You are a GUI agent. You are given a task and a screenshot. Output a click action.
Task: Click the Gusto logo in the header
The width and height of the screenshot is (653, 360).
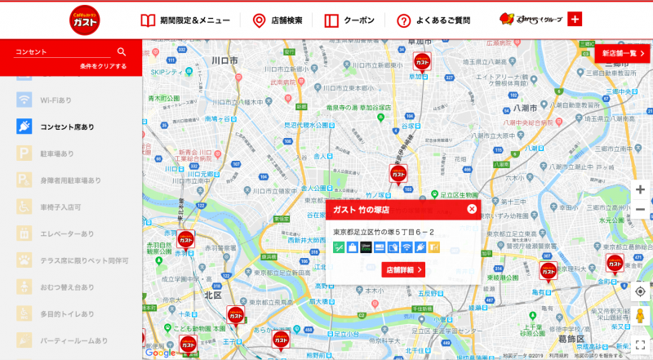pyautogui.click(x=90, y=20)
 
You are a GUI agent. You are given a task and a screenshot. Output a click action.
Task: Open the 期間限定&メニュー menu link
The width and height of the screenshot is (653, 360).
pyautogui.click(x=185, y=20)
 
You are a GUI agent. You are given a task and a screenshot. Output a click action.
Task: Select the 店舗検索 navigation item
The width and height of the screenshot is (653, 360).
pyautogui.click(x=278, y=20)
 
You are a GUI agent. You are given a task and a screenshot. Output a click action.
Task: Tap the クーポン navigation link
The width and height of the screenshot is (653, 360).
pyautogui.click(x=349, y=20)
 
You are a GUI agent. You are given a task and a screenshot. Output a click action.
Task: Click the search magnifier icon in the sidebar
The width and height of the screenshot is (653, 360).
pyautogui.click(x=122, y=51)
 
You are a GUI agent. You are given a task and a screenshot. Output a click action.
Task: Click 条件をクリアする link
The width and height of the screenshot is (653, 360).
pyautogui.click(x=103, y=65)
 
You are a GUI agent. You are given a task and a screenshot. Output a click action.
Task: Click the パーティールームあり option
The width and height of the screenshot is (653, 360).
pyautogui.click(x=73, y=340)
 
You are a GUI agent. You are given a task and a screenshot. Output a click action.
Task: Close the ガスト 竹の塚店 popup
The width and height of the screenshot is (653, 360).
pyautogui.click(x=471, y=209)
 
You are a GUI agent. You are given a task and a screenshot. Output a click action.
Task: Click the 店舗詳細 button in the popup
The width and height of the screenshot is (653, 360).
pyautogui.click(x=403, y=269)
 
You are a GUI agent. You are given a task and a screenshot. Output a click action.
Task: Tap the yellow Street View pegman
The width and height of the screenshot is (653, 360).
pyautogui.click(x=640, y=317)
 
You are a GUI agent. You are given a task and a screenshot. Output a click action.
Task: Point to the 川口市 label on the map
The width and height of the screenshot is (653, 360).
pyautogui.click(x=223, y=60)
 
